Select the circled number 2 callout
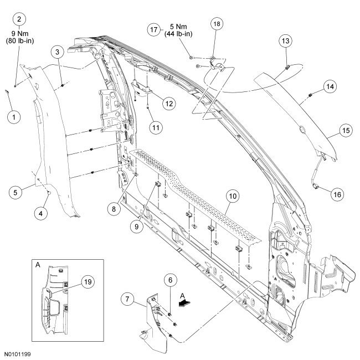20,19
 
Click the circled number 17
155,29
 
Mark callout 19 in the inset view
86,282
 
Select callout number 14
330,86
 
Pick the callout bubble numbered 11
156,127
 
